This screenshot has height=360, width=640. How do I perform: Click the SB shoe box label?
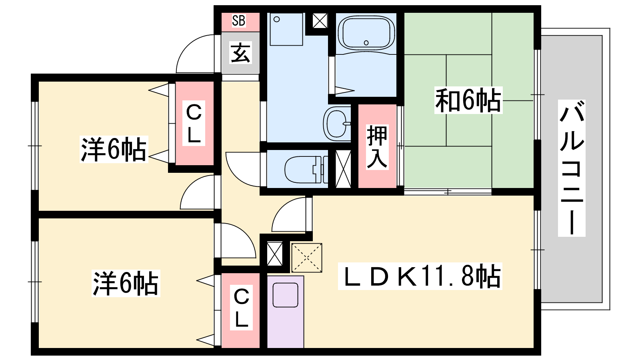coord(238,20)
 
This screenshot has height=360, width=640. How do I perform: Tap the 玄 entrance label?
coord(240,52)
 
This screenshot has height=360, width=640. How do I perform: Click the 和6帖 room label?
coord(468,100)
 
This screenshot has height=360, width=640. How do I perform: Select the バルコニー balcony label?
coord(572,168)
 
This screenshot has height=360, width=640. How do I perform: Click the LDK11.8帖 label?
coord(420,276)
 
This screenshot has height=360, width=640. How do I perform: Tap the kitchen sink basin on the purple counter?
coord(286,295)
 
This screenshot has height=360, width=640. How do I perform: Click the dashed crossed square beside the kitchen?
coord(306,258)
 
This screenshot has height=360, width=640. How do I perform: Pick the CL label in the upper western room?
coord(194,124)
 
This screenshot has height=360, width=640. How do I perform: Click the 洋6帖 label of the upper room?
coord(114,149)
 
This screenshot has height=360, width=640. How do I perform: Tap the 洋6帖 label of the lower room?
coord(126,283)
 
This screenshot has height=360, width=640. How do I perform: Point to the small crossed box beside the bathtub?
coord(320,20)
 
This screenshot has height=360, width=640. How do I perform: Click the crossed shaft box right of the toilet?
coord(343,169)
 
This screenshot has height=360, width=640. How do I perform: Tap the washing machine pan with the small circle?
coord(286,29)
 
